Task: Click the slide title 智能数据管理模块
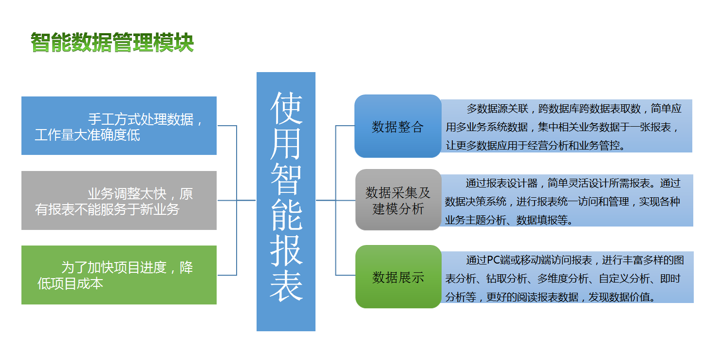click(112, 42)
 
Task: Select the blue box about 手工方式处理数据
click(119, 126)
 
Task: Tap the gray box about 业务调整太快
click(119, 200)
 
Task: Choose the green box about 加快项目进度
click(119, 275)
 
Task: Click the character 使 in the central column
click(286, 108)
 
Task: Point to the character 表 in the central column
click(286, 286)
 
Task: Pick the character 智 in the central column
click(286, 179)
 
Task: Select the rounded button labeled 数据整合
click(398, 126)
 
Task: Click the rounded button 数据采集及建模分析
click(398, 200)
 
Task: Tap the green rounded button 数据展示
click(398, 277)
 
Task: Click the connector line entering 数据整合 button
click(345, 126)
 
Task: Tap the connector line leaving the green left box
click(227, 275)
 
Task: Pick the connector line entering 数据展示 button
click(345, 275)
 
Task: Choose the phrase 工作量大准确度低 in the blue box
click(87, 135)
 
